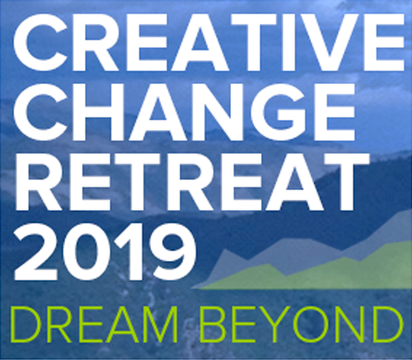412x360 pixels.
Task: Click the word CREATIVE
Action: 203,45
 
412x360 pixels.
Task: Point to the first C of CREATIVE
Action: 33,45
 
